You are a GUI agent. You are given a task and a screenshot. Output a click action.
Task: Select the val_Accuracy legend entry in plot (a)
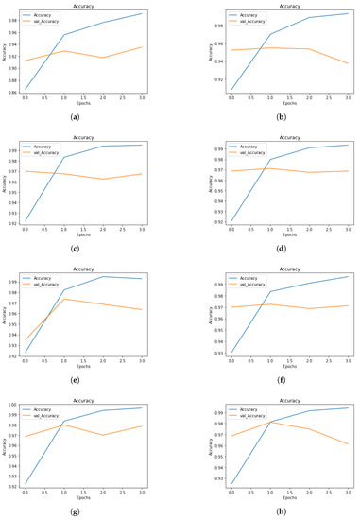click(43, 22)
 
